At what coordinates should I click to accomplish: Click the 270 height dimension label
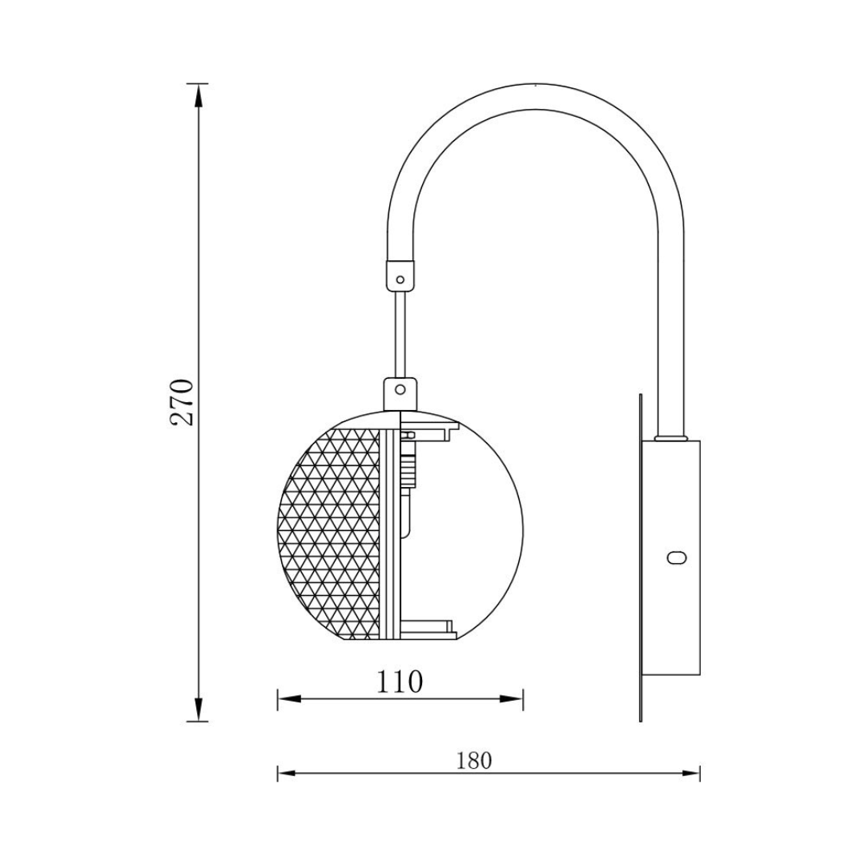click(183, 402)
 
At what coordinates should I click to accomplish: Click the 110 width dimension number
click(400, 681)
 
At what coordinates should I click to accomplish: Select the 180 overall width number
click(474, 760)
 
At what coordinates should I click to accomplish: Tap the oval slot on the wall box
click(678, 557)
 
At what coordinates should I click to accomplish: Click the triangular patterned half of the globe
click(332, 533)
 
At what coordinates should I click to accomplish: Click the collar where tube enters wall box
click(670, 438)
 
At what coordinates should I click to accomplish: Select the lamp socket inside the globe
click(410, 465)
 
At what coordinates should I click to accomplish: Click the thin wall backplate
click(641, 561)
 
